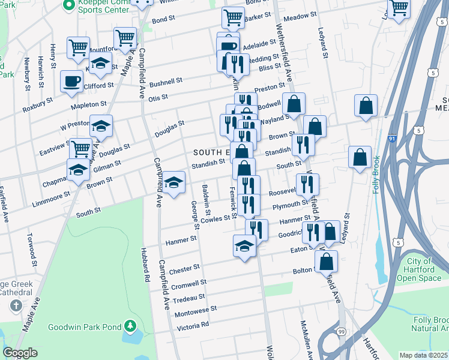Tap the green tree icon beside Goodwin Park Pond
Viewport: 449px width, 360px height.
[130, 327]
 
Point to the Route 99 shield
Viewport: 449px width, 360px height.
[341, 331]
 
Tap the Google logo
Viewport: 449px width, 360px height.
[20, 353]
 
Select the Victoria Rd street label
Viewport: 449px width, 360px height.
[193, 326]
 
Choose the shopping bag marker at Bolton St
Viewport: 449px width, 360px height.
[326, 261]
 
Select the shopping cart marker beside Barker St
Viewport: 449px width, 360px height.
[233, 17]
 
